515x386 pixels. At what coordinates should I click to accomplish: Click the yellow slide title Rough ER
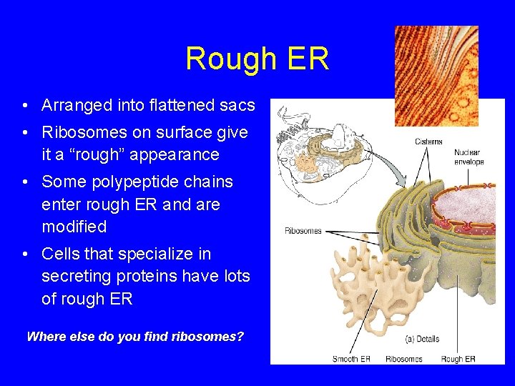tap(257, 59)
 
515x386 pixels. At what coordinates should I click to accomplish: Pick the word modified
tap(74, 227)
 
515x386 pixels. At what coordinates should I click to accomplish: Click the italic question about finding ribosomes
tap(135, 336)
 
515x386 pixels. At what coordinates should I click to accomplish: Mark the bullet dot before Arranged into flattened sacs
tap(25, 107)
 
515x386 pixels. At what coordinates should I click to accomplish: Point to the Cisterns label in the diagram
tap(428, 142)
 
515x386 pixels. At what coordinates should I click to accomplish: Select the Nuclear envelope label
tap(469, 157)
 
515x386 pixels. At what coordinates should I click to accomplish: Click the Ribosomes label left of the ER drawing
tap(303, 231)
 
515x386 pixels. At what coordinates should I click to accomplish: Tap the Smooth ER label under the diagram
tap(351, 359)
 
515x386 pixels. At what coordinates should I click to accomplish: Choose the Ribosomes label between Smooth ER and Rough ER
tap(403, 359)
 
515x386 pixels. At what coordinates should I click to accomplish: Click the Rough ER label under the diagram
tap(458, 359)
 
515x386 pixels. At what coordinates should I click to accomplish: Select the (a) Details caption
tap(421, 338)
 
